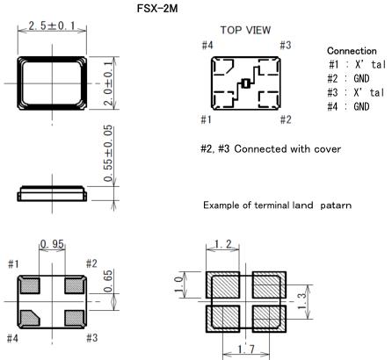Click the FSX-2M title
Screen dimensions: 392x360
point(157,8)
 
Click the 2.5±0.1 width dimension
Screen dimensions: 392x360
point(52,25)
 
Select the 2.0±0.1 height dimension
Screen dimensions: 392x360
point(108,83)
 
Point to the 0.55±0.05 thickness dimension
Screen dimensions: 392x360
point(108,153)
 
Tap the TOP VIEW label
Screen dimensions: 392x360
point(245,30)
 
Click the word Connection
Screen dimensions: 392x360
point(352,51)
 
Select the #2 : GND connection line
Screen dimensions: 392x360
point(348,78)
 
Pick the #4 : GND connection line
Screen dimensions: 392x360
point(348,106)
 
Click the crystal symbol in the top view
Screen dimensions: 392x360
point(245,83)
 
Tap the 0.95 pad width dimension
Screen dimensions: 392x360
point(52,244)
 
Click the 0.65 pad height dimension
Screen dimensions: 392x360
point(108,281)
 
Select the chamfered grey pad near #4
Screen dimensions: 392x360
point(30,318)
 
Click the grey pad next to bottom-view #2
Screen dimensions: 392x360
point(75,285)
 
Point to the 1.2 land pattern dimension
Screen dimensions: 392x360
point(222,244)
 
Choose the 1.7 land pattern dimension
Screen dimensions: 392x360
point(246,349)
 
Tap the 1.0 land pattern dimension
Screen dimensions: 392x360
point(178,284)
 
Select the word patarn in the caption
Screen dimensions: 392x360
point(336,205)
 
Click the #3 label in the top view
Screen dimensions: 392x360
point(286,45)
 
